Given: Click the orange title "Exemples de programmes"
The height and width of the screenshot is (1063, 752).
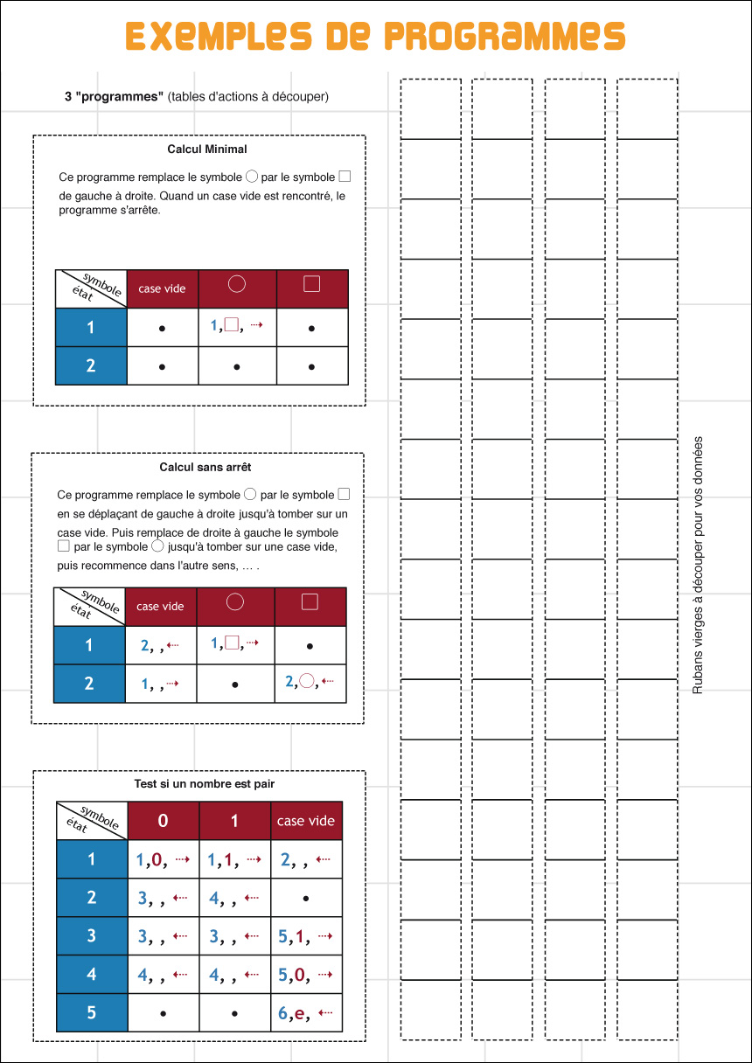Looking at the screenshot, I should [x=375, y=36].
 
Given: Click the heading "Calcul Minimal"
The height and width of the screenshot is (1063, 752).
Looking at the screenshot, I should [x=207, y=149].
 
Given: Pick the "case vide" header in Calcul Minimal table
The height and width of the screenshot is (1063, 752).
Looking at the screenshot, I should [x=163, y=288].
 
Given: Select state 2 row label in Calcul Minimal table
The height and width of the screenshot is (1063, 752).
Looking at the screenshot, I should [x=91, y=366].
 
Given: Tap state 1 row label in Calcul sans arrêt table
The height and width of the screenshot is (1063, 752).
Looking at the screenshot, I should [x=89, y=645].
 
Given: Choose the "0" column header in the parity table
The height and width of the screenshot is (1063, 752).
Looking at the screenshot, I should [x=164, y=821].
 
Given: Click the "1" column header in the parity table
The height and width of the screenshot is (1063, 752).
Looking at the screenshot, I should [x=234, y=821].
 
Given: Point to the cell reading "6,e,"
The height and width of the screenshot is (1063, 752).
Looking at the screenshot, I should [x=306, y=1013].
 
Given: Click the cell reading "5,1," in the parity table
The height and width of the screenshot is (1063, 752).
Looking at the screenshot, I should [x=306, y=936].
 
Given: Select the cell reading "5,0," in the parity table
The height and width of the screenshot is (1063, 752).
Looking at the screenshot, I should [x=306, y=975].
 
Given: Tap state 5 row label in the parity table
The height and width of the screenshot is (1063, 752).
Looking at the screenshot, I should [x=92, y=1013].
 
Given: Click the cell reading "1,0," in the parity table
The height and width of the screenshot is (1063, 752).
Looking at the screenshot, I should [x=164, y=859].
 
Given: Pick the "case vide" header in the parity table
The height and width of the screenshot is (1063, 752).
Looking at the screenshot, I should [x=306, y=821].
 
